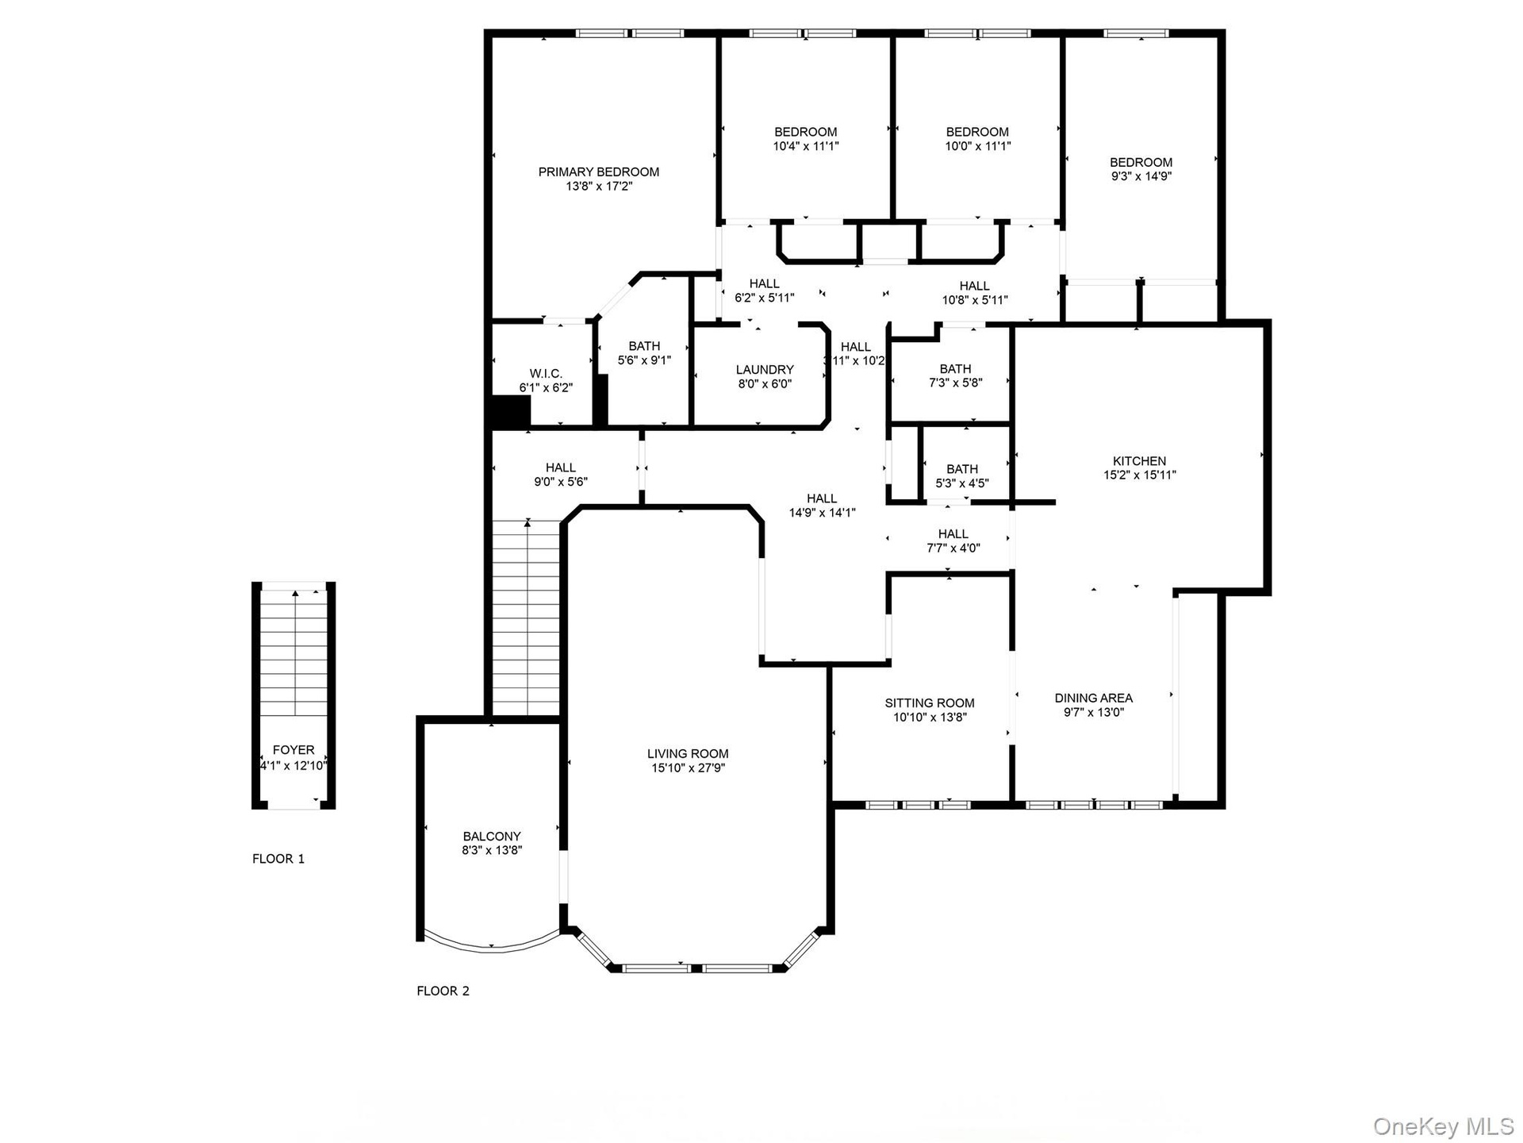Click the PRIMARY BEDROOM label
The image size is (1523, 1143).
(599, 171)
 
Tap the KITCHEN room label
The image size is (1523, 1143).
(1139, 460)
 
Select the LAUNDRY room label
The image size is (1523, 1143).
(764, 369)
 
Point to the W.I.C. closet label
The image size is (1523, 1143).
(546, 373)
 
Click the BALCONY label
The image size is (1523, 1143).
(492, 836)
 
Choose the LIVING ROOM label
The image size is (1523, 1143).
(688, 753)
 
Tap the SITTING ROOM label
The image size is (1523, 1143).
(930, 702)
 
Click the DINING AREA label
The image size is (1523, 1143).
(1093, 698)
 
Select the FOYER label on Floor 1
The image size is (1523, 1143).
(293, 749)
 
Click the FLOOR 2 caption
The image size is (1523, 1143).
(443, 991)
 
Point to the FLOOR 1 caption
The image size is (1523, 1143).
(278, 858)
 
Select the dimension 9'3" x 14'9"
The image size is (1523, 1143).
(1141, 176)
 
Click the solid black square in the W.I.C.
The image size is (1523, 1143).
(511, 412)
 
